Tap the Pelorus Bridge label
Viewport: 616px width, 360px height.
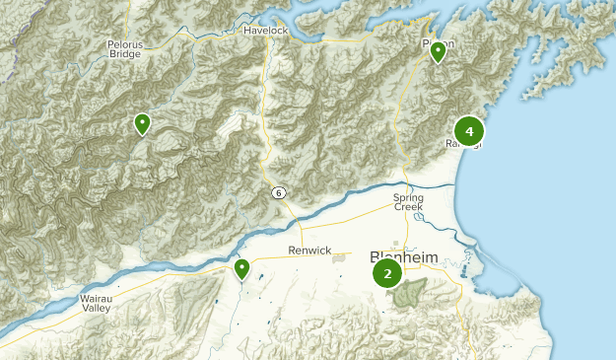124,49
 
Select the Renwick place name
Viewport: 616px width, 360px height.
310,251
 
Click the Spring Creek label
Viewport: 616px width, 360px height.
408,202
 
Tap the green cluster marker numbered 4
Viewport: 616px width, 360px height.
469,130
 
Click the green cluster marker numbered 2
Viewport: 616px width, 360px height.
387,274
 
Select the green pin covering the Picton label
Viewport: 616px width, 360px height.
438,51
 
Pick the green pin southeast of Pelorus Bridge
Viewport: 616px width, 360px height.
142,123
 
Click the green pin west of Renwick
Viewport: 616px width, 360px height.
241,268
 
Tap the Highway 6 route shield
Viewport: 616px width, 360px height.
280,191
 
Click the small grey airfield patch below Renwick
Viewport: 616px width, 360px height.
340,258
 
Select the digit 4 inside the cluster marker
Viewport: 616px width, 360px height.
469,130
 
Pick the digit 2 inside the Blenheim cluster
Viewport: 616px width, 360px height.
387,274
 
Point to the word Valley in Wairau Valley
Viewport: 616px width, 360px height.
97,310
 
